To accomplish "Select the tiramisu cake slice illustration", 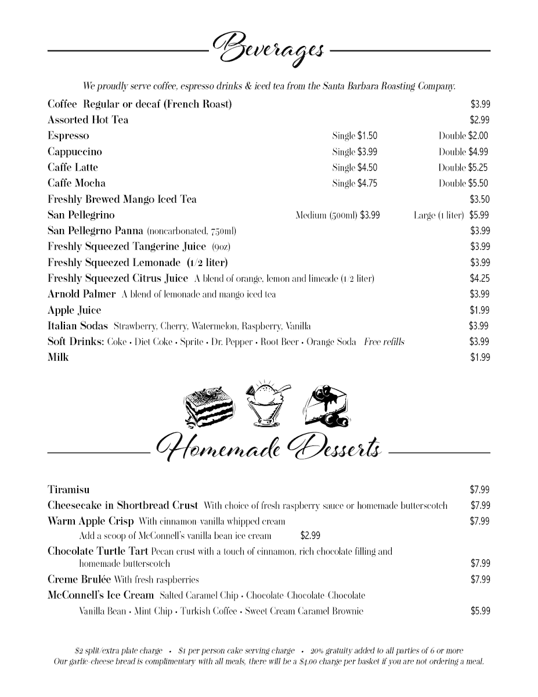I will (208, 407).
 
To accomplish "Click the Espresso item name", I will (68, 136).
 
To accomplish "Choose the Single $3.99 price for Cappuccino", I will (355, 152).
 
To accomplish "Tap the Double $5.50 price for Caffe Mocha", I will (463, 184).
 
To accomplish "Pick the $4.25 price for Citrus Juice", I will (480, 278).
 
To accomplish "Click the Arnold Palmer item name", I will (82, 294).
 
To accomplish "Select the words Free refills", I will (384, 342).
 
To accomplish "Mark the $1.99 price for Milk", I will (480, 357).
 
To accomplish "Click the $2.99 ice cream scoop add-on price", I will (310, 536).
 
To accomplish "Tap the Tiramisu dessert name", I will (68, 490).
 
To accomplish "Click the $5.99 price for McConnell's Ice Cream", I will (480, 610).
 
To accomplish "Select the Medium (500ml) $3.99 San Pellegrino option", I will (338, 215).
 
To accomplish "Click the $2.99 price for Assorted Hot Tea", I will (480, 120).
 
